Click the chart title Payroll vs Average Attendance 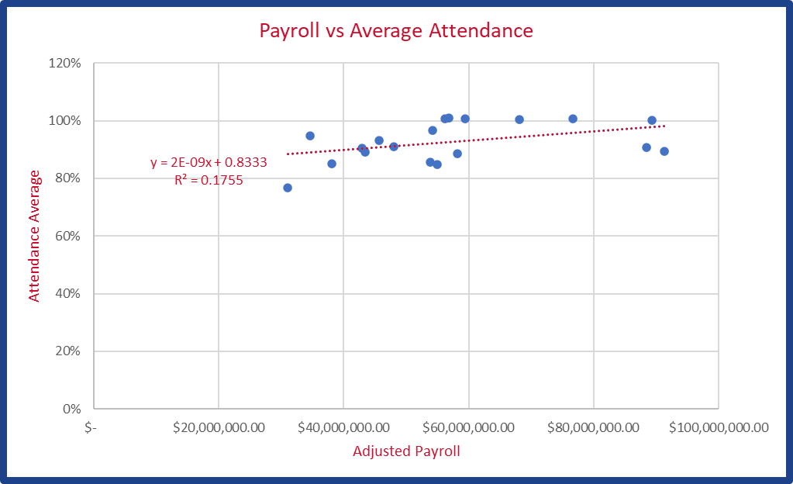(395, 31)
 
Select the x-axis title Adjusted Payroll (406, 451)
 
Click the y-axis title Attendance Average (34, 237)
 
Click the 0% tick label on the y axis (71, 408)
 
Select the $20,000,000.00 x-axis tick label (219, 427)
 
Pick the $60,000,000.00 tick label (468, 427)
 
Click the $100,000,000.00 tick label (718, 427)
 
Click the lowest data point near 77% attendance (288, 188)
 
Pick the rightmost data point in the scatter (664, 151)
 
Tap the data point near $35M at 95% (310, 136)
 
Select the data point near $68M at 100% (519, 119)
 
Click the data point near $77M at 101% (573, 119)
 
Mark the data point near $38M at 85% (332, 164)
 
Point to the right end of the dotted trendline (664, 126)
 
